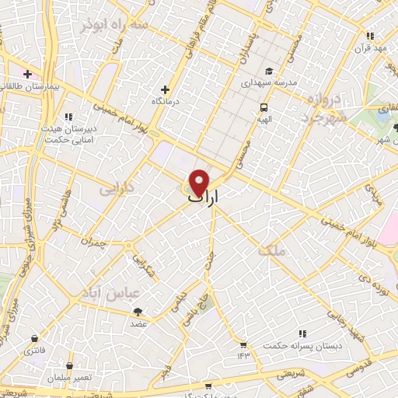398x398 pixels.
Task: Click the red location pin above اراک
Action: tap(200, 182)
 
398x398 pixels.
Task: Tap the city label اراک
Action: tap(204, 199)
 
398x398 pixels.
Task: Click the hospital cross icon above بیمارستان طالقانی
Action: tap(27, 75)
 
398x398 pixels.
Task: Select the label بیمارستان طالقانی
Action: tap(29, 88)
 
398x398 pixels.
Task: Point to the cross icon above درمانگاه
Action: tap(164, 89)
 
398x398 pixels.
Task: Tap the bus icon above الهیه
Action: tap(264, 107)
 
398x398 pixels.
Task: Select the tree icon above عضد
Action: tap(138, 311)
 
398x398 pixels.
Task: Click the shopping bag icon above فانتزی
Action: tap(35, 339)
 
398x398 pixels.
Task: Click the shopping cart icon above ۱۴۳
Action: tap(243, 344)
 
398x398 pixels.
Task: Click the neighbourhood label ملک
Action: tap(276, 251)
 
